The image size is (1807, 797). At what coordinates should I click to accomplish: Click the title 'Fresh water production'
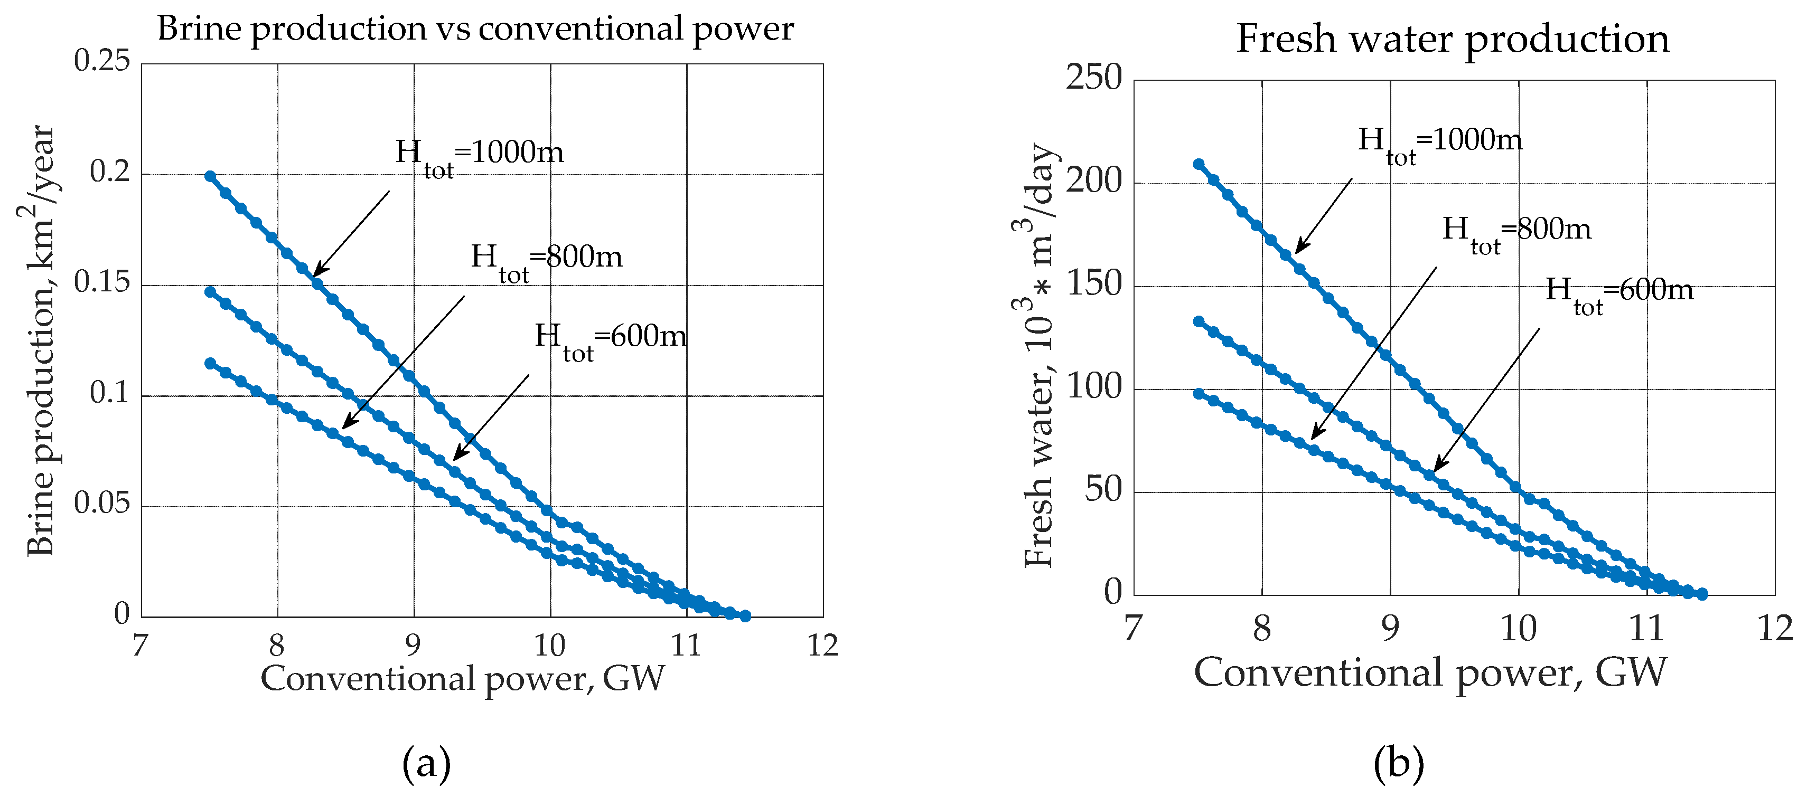point(1452,39)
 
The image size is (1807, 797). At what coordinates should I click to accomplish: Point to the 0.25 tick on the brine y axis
point(102,62)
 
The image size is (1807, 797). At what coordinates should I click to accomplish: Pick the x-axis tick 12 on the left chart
point(822,646)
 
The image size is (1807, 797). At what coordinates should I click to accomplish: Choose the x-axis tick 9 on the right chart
point(1390,628)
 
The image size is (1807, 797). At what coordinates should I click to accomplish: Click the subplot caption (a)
point(426,763)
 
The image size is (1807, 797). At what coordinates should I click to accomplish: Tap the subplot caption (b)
point(1398,763)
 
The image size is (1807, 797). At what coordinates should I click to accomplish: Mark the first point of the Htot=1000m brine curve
point(210,176)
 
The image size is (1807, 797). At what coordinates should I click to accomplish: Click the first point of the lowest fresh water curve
point(1199,394)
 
